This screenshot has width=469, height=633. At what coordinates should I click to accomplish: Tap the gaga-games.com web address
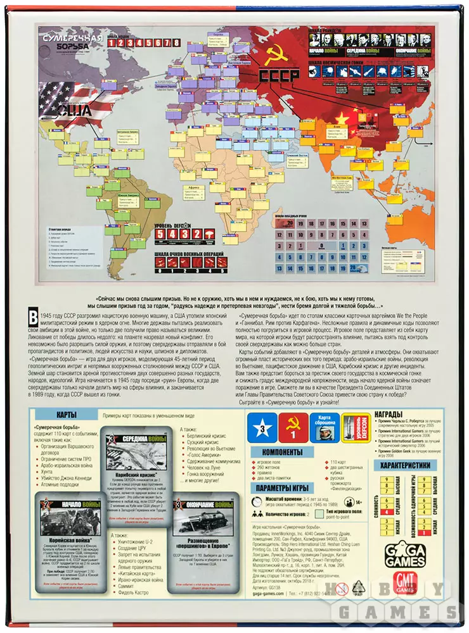click(x=268, y=593)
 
